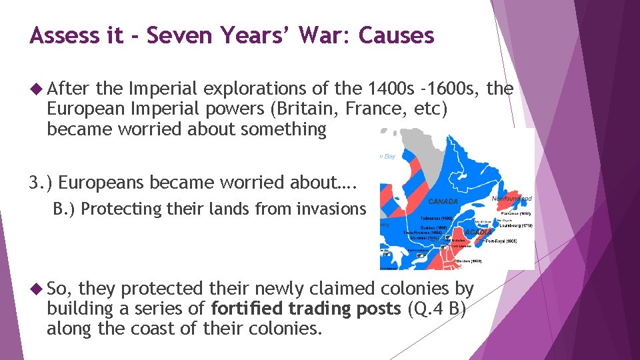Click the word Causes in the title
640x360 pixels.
coord(396,35)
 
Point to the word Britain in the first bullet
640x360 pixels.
coord(290,109)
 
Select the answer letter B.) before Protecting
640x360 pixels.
coord(65,209)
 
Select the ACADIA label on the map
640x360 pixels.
coord(477,231)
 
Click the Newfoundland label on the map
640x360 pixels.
coord(511,199)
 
